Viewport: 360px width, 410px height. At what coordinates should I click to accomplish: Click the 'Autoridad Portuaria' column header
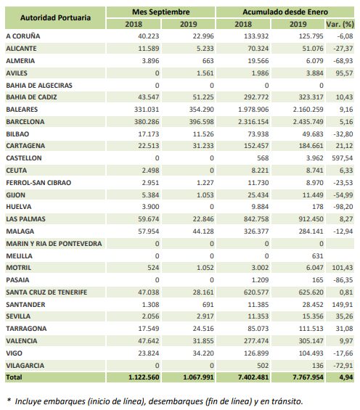click(x=55, y=18)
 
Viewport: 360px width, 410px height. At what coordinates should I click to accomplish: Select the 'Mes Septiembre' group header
click(x=161, y=12)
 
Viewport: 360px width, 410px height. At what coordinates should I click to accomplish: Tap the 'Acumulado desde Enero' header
click(x=285, y=12)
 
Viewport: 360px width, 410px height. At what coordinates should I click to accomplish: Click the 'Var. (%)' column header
click(x=340, y=25)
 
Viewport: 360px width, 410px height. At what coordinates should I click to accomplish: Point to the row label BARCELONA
click(x=25, y=122)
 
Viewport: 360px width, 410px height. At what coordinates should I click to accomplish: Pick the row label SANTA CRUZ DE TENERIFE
click(x=46, y=292)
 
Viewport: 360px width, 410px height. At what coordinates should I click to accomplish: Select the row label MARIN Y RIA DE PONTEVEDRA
click(x=54, y=244)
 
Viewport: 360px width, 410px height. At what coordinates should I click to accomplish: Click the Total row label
click(x=14, y=377)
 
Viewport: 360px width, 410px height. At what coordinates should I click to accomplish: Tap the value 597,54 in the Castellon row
click(x=343, y=158)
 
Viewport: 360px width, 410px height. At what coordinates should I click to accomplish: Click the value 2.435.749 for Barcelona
click(x=308, y=122)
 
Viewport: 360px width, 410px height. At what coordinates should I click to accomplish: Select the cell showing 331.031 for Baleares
click(x=147, y=110)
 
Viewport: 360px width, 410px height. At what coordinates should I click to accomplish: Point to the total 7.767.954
click(x=308, y=377)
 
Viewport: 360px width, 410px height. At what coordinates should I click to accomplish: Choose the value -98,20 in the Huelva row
click(x=343, y=207)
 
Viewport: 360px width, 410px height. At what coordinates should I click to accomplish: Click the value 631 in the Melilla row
click(x=318, y=256)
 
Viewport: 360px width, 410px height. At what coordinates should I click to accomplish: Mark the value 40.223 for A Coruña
click(x=149, y=36)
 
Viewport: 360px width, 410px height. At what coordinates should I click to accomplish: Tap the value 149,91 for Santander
click(x=343, y=305)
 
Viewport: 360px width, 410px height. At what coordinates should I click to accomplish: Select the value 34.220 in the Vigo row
click(x=203, y=353)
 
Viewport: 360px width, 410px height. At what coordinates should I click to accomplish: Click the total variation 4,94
click(x=346, y=377)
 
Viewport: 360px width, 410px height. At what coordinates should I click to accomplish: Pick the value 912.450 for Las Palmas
click(x=311, y=219)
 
